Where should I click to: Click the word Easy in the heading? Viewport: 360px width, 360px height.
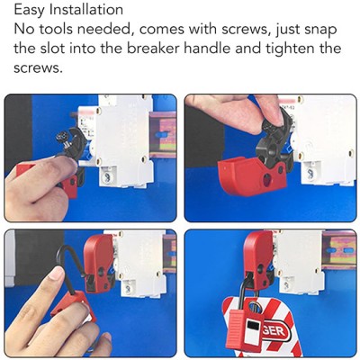pos(29,10)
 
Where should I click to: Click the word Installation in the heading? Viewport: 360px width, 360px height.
pos(86,9)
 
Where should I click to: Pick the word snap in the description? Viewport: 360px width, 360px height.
pos(320,31)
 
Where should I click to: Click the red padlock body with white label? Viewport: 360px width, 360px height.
pos(245,327)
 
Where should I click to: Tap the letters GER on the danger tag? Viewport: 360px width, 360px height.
pos(274,331)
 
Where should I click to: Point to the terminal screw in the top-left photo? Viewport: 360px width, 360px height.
pos(105,177)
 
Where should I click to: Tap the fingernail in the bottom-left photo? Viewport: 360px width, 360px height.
pos(57,274)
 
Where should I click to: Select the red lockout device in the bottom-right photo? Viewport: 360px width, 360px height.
pos(258,259)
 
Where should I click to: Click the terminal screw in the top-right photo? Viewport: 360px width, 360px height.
pos(310,174)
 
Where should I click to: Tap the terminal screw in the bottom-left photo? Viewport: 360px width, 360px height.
pos(128,289)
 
